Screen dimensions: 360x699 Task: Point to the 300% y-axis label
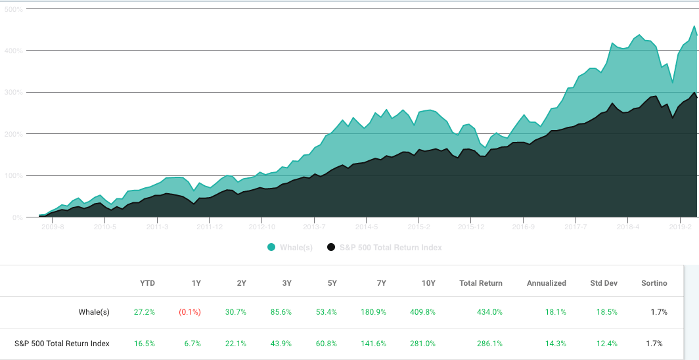point(14,92)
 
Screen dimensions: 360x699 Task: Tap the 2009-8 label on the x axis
point(53,227)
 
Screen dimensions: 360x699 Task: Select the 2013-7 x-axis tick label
point(315,227)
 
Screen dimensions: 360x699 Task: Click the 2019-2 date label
point(681,227)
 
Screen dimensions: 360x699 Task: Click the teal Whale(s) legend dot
point(271,247)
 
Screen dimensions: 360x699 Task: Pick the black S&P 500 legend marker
point(331,247)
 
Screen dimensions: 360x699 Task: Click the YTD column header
point(147,283)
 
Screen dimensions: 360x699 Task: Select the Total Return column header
point(481,283)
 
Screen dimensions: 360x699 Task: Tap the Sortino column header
point(654,283)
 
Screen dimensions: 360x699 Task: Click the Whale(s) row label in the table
point(94,312)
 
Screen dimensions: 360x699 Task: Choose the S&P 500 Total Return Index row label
point(62,343)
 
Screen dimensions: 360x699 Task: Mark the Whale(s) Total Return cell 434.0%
point(489,312)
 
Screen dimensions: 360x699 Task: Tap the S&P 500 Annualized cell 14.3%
point(556,343)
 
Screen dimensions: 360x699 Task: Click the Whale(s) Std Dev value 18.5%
point(608,312)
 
